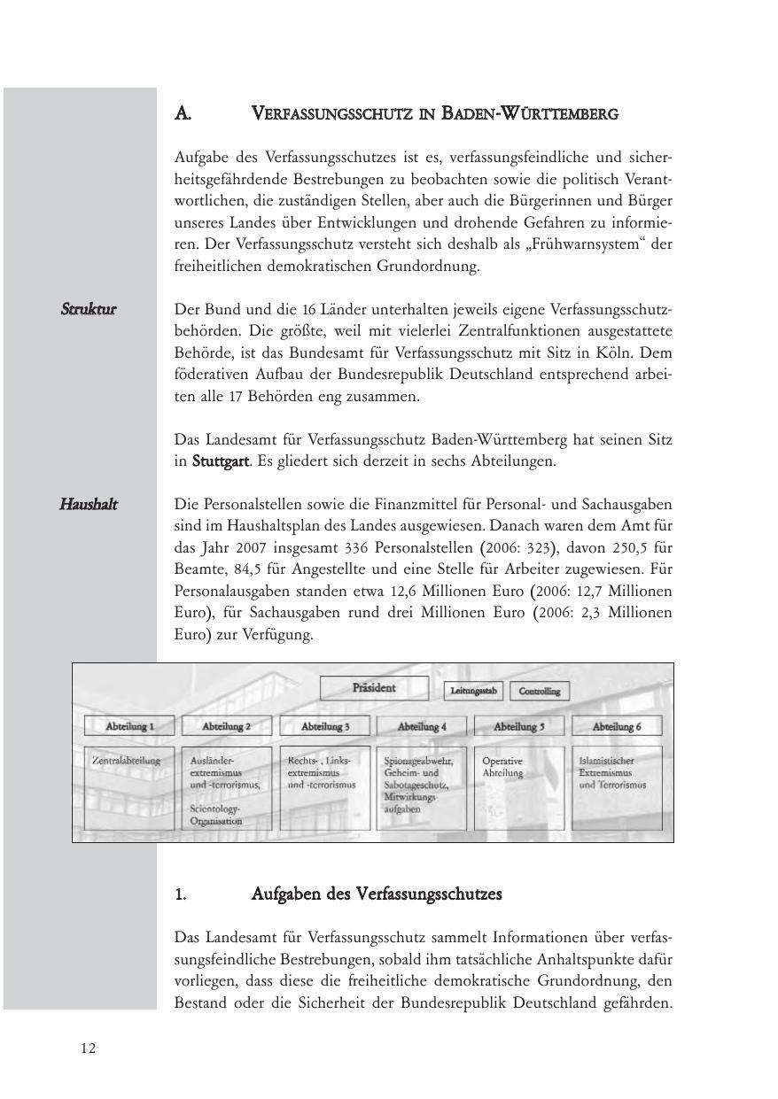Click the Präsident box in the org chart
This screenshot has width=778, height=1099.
[x=374, y=688]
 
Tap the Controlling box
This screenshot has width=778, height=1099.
[x=540, y=691]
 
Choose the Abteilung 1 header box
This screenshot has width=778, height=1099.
[x=129, y=726]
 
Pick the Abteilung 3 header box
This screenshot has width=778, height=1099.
[x=324, y=726]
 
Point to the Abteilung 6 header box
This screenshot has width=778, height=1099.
[x=617, y=726]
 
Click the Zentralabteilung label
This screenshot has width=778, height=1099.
[x=127, y=761]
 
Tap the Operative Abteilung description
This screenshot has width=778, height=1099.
[x=502, y=767]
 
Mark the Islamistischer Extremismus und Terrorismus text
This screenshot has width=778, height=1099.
[x=612, y=772]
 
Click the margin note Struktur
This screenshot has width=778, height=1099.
[x=89, y=310]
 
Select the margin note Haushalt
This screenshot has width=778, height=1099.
[x=89, y=505]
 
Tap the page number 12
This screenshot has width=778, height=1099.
[x=88, y=1049]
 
